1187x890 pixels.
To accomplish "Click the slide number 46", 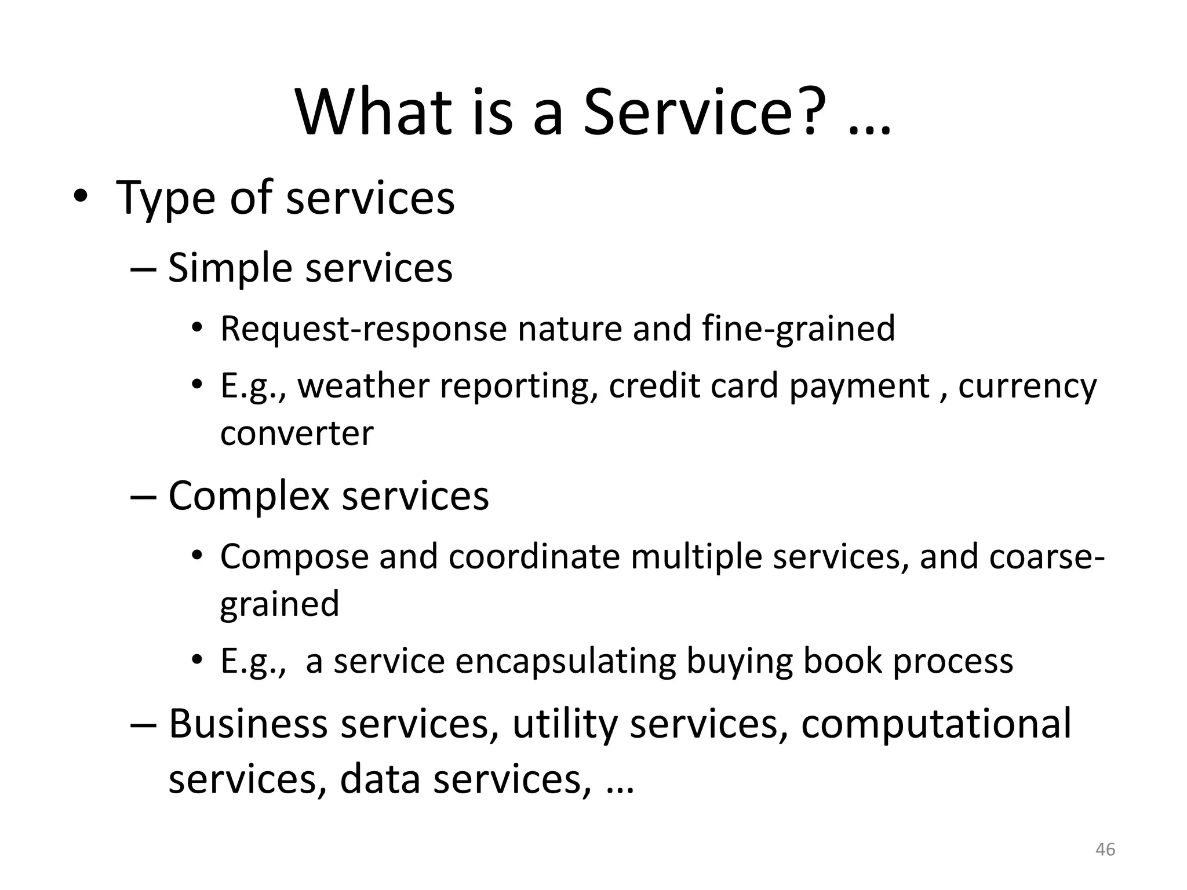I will (1105, 849).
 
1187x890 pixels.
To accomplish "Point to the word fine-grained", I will (799, 329).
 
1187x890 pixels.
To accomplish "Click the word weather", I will (363, 386).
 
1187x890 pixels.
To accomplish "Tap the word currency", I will (1027, 387).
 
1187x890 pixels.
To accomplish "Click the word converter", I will (297, 433).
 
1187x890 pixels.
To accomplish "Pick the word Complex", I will (249, 496).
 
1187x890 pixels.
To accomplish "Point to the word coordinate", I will (534, 556).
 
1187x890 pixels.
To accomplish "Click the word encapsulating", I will (566, 661).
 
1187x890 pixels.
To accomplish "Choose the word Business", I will (248, 724).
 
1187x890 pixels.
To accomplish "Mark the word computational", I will (935, 725).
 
